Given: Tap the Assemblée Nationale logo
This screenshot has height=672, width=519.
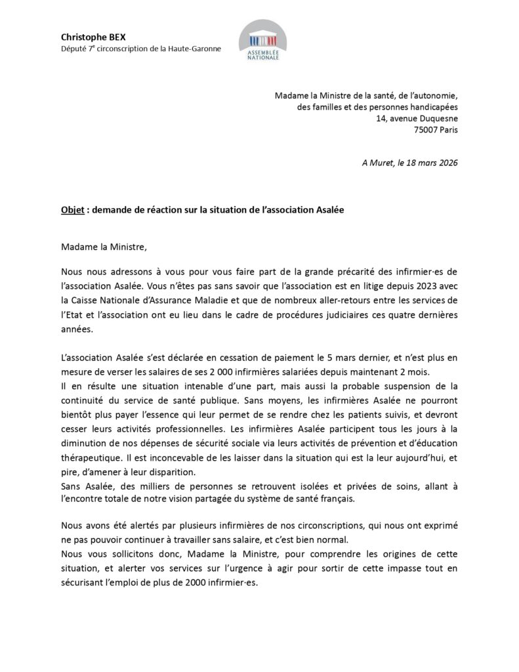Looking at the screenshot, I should pos(262,41).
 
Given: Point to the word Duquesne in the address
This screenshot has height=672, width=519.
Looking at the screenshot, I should pos(436,118).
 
